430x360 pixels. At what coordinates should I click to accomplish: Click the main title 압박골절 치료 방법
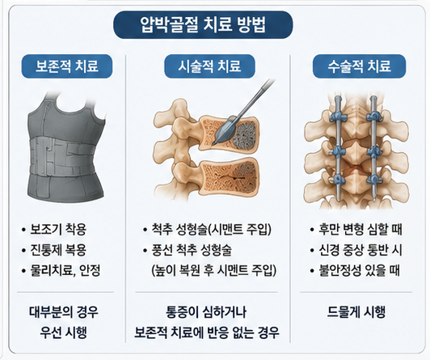click(203, 25)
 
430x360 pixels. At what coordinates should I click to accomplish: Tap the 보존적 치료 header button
click(67, 66)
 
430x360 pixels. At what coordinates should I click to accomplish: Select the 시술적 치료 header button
click(209, 66)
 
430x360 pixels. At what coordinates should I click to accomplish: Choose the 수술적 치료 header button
click(359, 66)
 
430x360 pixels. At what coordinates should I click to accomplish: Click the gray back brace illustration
click(65, 148)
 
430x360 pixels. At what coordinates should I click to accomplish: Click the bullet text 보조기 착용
click(58, 230)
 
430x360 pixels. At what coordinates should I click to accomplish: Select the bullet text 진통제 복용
click(58, 250)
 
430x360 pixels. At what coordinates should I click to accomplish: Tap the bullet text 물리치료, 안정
click(65, 270)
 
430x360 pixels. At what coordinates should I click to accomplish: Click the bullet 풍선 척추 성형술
click(192, 250)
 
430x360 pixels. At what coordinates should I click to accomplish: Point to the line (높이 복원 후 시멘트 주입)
click(213, 270)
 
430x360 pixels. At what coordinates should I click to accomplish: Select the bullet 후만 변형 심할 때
click(360, 230)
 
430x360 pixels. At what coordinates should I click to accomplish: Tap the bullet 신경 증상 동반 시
click(360, 250)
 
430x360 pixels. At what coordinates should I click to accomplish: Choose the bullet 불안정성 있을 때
click(359, 270)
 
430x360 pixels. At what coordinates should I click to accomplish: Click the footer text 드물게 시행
click(356, 312)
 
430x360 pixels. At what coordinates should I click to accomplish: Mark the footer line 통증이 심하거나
click(206, 312)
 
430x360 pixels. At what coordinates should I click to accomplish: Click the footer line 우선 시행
click(64, 332)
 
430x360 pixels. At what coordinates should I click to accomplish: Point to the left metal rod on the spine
click(339, 148)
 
